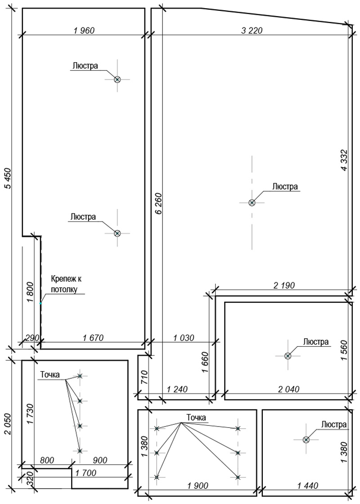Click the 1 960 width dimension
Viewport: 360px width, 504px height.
(84, 31)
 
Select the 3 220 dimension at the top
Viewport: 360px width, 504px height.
(252, 31)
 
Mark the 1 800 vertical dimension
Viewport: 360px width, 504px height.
(30, 292)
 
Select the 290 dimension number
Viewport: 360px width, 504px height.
(32, 338)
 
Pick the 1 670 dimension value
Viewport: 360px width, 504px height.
(93, 338)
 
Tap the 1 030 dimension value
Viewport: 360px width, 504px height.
(184, 338)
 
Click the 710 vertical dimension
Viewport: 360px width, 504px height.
(144, 378)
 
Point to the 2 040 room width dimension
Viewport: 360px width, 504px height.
(288, 389)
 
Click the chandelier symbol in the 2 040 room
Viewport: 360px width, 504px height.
(288, 356)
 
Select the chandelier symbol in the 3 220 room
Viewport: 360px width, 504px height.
(252, 203)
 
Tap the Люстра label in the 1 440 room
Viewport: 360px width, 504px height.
(334, 425)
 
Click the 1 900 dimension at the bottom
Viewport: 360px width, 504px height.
(197, 486)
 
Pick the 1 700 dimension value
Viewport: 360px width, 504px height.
(85, 473)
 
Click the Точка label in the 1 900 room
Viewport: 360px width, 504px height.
(196, 418)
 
